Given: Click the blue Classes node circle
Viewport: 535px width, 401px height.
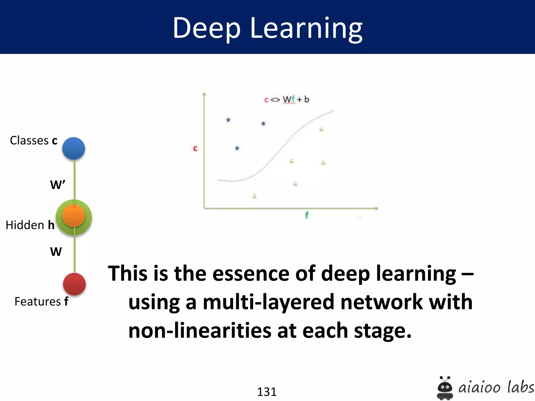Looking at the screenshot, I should click(x=73, y=148).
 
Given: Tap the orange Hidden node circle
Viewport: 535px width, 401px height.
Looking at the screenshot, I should click(x=73, y=215).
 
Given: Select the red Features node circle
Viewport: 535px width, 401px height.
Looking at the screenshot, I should click(x=74, y=284).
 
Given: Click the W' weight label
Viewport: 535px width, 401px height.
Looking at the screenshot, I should click(x=57, y=185).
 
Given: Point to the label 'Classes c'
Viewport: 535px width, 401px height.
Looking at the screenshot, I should click(x=33, y=140).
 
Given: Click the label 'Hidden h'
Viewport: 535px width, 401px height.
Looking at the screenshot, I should click(x=30, y=225).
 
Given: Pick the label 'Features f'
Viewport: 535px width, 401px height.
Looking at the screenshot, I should click(x=41, y=302).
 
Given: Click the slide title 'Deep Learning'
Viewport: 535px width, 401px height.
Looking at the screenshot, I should click(x=267, y=28).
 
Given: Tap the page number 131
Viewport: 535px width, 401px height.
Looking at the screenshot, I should click(x=267, y=392).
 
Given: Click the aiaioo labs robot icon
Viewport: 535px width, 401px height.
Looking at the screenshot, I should click(x=445, y=388).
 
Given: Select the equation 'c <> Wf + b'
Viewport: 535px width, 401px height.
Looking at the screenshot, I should click(x=287, y=99).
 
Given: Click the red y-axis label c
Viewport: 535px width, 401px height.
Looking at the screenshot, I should click(x=195, y=148).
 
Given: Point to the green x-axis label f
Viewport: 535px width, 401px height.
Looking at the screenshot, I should click(x=307, y=215).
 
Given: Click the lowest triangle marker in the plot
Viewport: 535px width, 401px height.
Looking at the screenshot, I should click(x=254, y=196).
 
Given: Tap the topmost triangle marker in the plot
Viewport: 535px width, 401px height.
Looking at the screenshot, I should click(x=321, y=129).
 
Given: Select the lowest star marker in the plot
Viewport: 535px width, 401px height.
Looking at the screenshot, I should click(x=237, y=148).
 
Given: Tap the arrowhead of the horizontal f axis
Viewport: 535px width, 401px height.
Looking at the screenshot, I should click(x=376, y=208).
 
